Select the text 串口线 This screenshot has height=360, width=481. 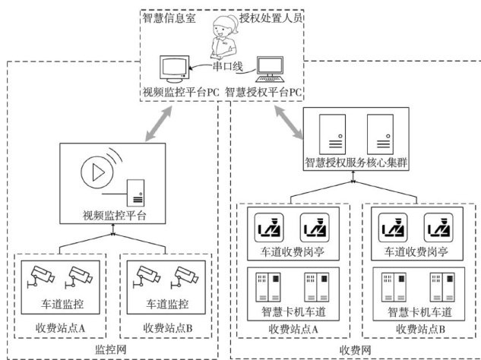coord(226,67)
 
